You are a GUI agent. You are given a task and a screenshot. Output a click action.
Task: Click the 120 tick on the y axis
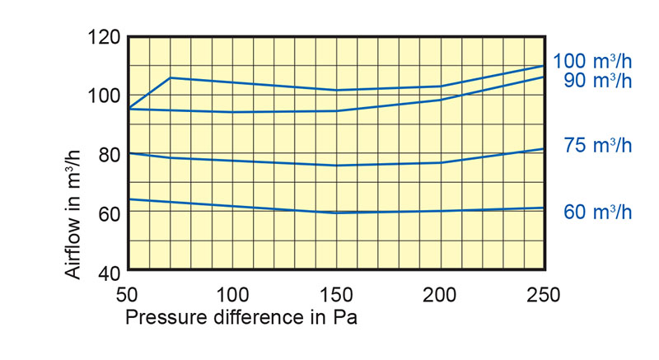[x=105, y=37]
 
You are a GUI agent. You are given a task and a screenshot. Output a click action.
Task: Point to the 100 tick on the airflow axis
[x=105, y=95]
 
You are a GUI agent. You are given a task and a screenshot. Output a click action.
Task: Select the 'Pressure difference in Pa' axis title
[x=241, y=316]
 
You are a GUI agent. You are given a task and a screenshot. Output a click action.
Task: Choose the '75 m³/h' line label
[x=598, y=146]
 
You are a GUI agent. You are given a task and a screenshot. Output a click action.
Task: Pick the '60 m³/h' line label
[x=598, y=212]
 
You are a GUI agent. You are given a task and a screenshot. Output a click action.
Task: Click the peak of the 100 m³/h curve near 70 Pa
[x=170, y=77]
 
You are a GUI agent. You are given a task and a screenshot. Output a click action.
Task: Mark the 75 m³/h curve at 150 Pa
[x=336, y=166]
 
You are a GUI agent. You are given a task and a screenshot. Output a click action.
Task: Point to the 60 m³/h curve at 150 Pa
[x=336, y=213]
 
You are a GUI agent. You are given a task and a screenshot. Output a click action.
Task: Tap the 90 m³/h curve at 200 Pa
[x=440, y=100]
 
